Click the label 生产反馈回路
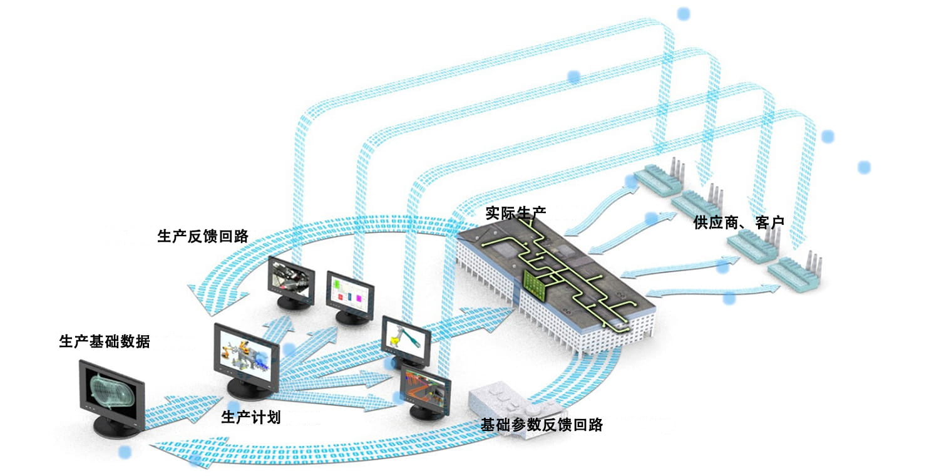pyautogui.click(x=203, y=236)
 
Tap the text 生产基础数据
pyautogui.click(x=105, y=341)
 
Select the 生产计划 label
pyautogui.click(x=251, y=418)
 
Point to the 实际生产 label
pyautogui.click(x=515, y=213)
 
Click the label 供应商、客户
pyautogui.click(x=739, y=222)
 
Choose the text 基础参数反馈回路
pyautogui.click(x=541, y=425)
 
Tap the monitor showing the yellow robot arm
pyautogui.click(x=406, y=338)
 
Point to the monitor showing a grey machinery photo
pyautogui.click(x=290, y=278)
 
